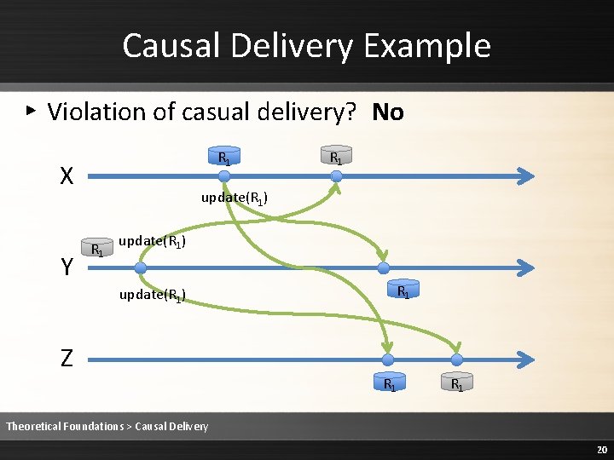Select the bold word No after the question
388,112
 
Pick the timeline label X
67,176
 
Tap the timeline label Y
67,268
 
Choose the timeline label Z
67,359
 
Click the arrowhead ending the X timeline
527,176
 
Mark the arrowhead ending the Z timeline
527,359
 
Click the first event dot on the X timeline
223,176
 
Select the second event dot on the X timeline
337,176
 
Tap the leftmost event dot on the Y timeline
141,267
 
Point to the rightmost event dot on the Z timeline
456,359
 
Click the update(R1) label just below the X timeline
235,198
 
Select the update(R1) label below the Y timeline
153,296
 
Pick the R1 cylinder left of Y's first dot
97,249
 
